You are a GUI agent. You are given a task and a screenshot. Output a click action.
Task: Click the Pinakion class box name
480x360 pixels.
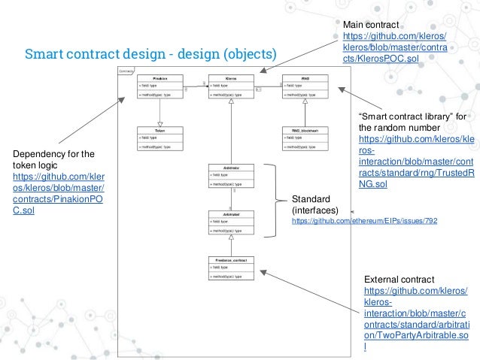coord(159,78)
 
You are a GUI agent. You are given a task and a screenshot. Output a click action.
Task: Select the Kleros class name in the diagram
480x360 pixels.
coord(232,78)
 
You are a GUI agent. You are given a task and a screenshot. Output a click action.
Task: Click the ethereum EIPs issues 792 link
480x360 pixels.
coord(364,222)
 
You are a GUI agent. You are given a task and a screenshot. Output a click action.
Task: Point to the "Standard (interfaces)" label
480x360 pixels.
coord(315,204)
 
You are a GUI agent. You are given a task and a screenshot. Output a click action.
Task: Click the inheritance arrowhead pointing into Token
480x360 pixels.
coord(159,125)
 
